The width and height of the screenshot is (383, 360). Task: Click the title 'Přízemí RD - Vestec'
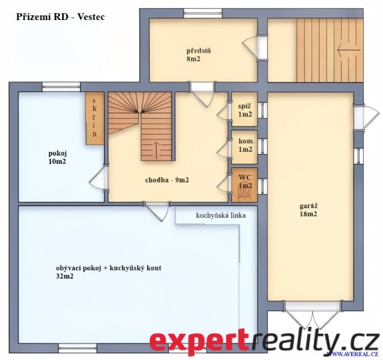click(x=61, y=17)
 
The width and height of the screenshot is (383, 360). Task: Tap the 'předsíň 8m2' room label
click(x=199, y=55)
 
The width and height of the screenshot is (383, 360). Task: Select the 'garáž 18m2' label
click(x=308, y=209)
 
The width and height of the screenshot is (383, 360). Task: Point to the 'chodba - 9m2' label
click(x=167, y=180)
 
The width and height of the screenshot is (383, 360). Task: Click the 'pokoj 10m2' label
click(x=57, y=158)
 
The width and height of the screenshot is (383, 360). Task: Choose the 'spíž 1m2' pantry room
click(x=244, y=109)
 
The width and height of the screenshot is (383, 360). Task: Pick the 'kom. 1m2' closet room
click(x=244, y=147)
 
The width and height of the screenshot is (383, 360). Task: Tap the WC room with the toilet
click(x=244, y=185)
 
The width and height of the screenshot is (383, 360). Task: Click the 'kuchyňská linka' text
click(x=221, y=215)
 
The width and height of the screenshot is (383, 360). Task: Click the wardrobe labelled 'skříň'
click(x=95, y=118)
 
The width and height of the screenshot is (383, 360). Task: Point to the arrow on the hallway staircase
click(x=157, y=149)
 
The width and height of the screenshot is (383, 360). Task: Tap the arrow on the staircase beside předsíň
click(x=348, y=50)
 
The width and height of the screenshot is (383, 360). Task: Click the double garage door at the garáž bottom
click(x=313, y=316)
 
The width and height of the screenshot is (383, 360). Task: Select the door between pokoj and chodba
click(x=98, y=178)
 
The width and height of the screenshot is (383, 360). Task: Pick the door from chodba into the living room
click(x=157, y=211)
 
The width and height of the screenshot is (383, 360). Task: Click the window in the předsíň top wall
click(x=203, y=13)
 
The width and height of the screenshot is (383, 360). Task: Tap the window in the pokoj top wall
click(x=61, y=87)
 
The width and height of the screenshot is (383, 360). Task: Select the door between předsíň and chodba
click(x=202, y=95)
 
